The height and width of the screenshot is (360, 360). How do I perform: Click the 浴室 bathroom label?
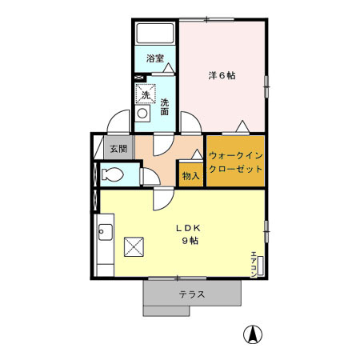tap(154, 58)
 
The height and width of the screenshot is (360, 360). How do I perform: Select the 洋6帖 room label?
tap(222, 76)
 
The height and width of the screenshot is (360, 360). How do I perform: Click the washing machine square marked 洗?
tap(145, 95)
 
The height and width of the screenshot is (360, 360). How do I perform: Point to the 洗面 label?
tap(164, 106)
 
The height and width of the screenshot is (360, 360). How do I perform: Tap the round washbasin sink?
tap(142, 114)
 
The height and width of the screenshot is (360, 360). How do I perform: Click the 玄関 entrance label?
tap(118, 148)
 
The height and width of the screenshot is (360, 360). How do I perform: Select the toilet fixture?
tap(113, 175)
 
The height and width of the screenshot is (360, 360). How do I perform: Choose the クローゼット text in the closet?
tap(235, 170)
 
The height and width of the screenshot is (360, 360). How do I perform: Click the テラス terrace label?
tap(192, 294)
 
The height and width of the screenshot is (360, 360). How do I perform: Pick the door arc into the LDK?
tap(161, 199)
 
